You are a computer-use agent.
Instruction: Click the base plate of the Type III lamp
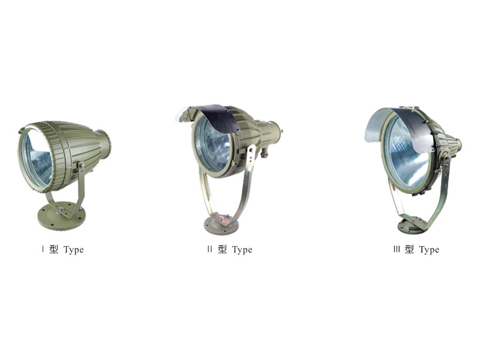tap(413, 225)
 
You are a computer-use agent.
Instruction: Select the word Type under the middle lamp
tap(242, 250)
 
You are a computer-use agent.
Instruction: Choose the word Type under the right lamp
tap(429, 250)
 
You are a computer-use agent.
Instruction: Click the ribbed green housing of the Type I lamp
tap(75, 144)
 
